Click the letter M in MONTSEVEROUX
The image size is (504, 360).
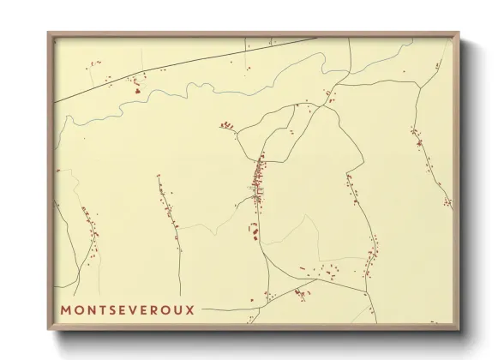(x=66, y=309)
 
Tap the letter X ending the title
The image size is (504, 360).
(x=189, y=309)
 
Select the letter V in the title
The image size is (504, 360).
(x=133, y=309)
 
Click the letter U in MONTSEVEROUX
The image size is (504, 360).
(x=177, y=309)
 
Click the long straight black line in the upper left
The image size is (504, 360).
(x=171, y=64)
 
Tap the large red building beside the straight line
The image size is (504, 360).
(x=135, y=88)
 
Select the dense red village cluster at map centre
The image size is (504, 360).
(x=258, y=180)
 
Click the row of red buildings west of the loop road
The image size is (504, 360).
(x=226, y=126)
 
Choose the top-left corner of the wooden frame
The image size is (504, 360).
(x=49, y=34)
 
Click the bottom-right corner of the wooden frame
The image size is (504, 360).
(x=458, y=328)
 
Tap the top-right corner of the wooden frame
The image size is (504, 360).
(x=458, y=34)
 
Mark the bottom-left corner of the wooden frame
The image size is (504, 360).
(x=49, y=328)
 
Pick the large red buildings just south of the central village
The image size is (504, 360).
(x=255, y=228)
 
